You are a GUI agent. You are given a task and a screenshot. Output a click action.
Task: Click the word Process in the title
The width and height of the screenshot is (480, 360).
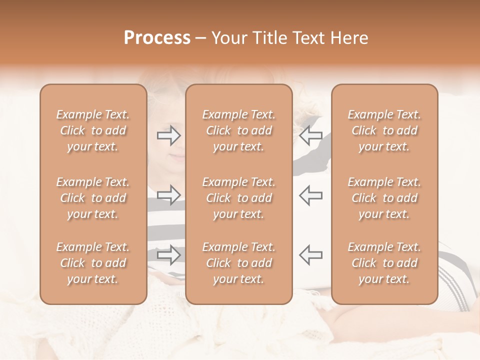pyautogui.click(x=157, y=38)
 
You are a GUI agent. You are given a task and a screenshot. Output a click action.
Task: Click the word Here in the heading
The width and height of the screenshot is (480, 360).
pyautogui.click(x=348, y=38)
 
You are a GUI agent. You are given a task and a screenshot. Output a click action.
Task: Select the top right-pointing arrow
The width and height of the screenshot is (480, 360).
pyautogui.click(x=169, y=135)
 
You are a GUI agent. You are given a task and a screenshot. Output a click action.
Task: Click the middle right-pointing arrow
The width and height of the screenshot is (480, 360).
pyautogui.click(x=169, y=194)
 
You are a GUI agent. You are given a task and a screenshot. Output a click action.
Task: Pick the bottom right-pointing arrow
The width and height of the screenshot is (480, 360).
pyautogui.click(x=169, y=254)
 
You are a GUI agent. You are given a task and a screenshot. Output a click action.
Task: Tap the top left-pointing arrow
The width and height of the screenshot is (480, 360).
pyautogui.click(x=310, y=135)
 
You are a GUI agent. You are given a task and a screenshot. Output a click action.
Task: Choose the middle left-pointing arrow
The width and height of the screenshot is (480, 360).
pyautogui.click(x=310, y=194)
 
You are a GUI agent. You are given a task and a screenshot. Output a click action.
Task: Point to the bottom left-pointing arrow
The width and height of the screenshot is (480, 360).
pyautogui.click(x=310, y=254)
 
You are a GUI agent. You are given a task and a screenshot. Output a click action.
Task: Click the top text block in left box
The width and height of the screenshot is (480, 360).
pyautogui.click(x=93, y=130)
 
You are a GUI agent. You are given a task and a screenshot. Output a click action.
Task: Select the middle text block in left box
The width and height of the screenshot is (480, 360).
pyautogui.click(x=93, y=198)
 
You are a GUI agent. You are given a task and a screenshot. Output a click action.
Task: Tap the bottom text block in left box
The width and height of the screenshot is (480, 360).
pyautogui.click(x=93, y=263)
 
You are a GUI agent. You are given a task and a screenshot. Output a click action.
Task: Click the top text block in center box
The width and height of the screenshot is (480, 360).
pyautogui.click(x=238, y=130)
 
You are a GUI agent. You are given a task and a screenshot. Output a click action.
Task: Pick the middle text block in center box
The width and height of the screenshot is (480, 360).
pyautogui.click(x=238, y=198)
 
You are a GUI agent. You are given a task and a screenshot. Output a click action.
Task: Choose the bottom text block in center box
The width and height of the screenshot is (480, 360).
pyautogui.click(x=238, y=263)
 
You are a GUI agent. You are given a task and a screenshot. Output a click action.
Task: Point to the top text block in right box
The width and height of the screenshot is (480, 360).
pyautogui.click(x=384, y=130)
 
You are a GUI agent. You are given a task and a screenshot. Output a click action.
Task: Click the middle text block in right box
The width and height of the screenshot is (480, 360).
pyautogui.click(x=384, y=198)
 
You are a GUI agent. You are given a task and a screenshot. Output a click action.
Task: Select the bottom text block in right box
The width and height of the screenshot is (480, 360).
pyautogui.click(x=384, y=263)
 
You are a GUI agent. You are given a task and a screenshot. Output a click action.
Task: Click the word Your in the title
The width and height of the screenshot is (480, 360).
pyautogui.click(x=229, y=38)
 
